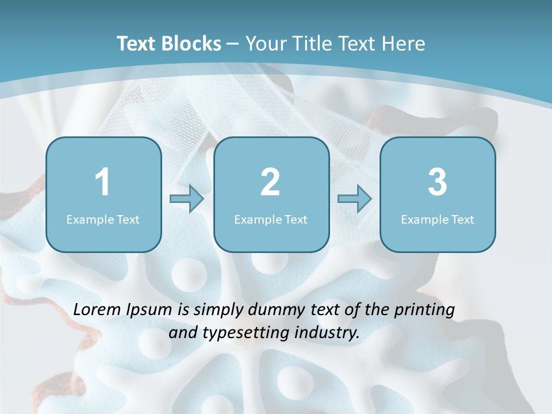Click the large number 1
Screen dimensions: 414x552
coord(103,182)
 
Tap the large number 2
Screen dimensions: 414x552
coord(271,182)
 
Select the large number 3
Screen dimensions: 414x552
coord(438,182)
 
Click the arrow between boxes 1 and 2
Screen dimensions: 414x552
coord(187,199)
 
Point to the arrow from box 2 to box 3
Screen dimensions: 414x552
coord(354,199)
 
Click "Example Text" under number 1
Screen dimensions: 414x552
coord(103,219)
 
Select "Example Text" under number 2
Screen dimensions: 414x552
coord(271,219)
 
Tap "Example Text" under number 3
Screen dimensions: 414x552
coord(438,219)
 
